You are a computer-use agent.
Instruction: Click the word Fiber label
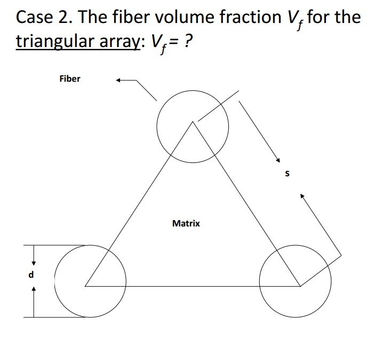tap(70, 79)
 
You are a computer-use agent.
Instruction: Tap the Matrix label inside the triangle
tap(186, 223)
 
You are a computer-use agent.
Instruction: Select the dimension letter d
tap(31, 276)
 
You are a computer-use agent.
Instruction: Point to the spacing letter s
tap(288, 174)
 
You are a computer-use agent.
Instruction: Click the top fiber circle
tap(193, 126)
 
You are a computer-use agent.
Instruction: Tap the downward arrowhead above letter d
tap(34, 262)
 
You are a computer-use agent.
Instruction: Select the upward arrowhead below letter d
tap(34, 289)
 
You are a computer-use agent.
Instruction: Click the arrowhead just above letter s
tap(277, 160)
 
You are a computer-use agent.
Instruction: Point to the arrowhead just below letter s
tap(302, 197)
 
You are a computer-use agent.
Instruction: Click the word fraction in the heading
tap(245, 18)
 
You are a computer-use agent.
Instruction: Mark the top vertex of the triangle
tap(193, 122)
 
